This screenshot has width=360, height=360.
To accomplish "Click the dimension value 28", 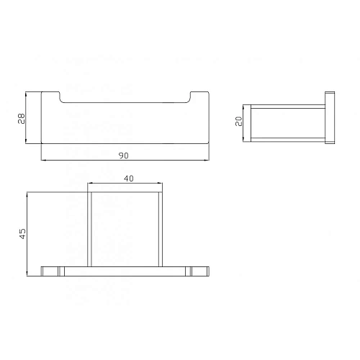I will (22, 117).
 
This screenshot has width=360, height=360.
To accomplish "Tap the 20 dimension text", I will (239, 121).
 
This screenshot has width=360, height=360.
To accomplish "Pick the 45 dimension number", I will (22, 233).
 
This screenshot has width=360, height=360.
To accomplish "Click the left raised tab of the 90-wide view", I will (50, 96).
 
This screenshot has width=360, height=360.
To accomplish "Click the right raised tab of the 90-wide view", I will (199, 96).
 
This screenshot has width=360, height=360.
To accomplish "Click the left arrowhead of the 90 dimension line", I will (43, 160).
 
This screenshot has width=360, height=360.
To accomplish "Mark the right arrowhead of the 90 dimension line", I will (207, 160).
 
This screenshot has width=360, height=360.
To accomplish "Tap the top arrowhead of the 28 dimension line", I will (26, 94).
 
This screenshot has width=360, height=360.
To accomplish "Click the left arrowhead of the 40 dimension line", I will (90, 184).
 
